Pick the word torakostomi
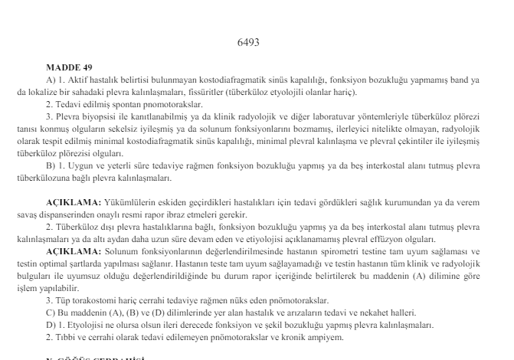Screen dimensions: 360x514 pos(94,300)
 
